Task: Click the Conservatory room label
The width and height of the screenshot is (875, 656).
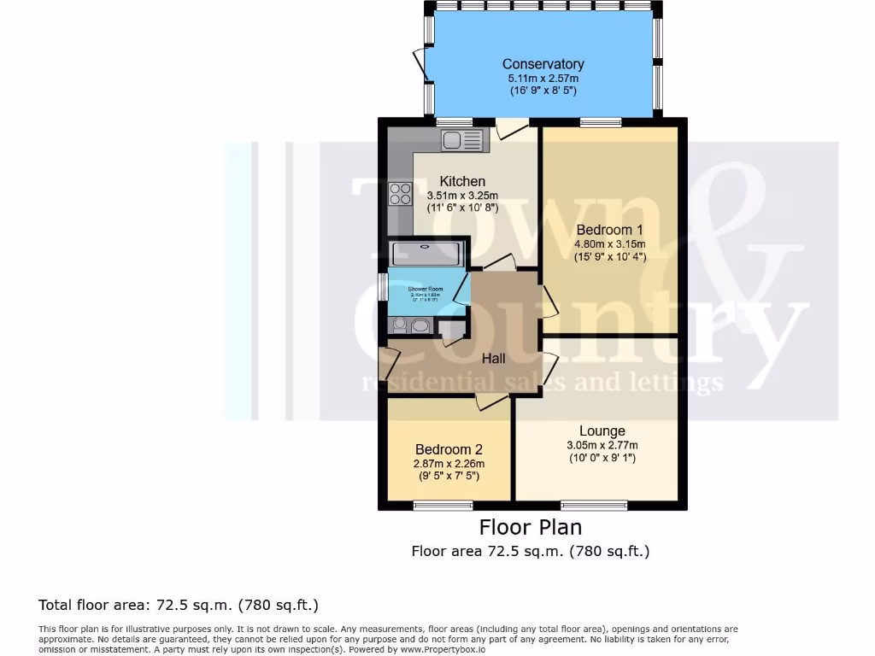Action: click(x=543, y=64)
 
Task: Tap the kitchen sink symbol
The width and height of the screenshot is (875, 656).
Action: click(x=462, y=139)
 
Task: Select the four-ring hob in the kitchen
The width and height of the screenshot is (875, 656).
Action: click(x=399, y=194)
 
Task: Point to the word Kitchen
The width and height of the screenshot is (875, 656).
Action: click(x=462, y=181)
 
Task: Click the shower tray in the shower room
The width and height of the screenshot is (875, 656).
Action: click(x=426, y=254)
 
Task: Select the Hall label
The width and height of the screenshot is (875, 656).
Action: click(x=493, y=359)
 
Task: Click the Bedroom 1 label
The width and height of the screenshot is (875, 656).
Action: click(x=609, y=230)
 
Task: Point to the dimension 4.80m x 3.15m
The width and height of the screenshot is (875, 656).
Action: click(x=609, y=244)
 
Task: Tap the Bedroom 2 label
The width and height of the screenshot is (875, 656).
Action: click(x=449, y=449)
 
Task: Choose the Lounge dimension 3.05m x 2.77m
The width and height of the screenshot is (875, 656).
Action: click(x=602, y=445)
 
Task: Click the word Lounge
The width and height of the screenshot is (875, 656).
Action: click(x=602, y=431)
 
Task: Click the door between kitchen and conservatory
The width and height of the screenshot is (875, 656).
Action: click(x=512, y=128)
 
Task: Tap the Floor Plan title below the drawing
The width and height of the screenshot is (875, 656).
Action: click(x=530, y=527)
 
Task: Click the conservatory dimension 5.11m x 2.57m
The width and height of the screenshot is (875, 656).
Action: click(x=543, y=78)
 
